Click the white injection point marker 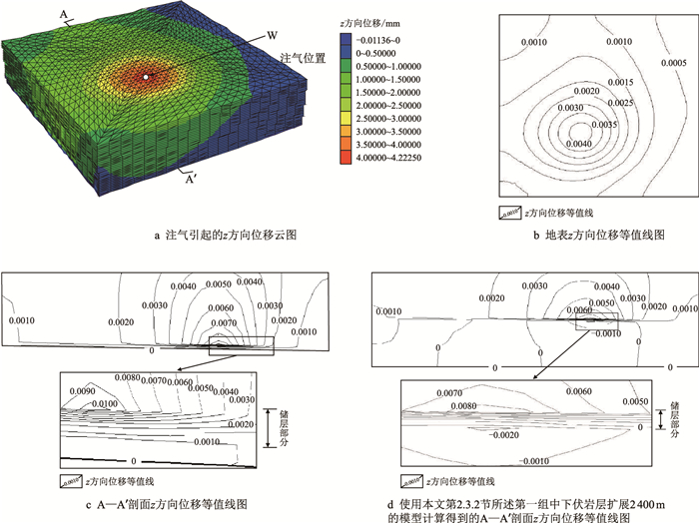(146, 76)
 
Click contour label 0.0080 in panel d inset (462, 407)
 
